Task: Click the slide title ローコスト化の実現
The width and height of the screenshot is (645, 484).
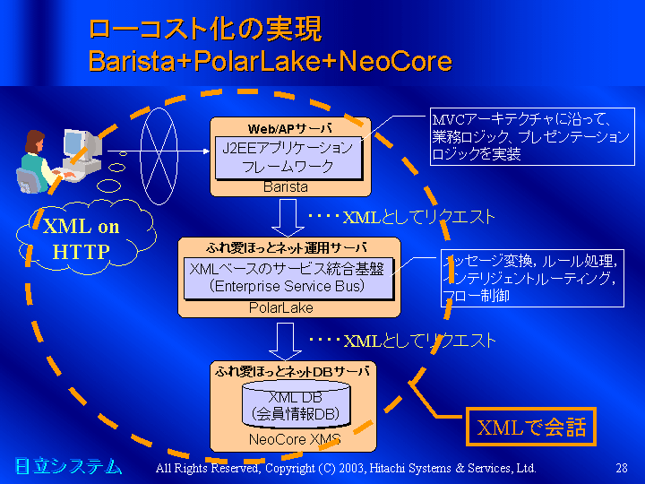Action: (204, 29)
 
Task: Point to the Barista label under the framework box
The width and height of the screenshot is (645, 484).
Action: (286, 187)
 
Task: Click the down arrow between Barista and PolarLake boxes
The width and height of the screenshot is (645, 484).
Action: (288, 215)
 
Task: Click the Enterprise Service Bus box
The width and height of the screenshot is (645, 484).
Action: (288, 278)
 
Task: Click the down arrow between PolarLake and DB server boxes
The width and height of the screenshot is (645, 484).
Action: (288, 339)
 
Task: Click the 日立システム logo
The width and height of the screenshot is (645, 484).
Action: (67, 466)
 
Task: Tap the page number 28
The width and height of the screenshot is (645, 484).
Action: (622, 468)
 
